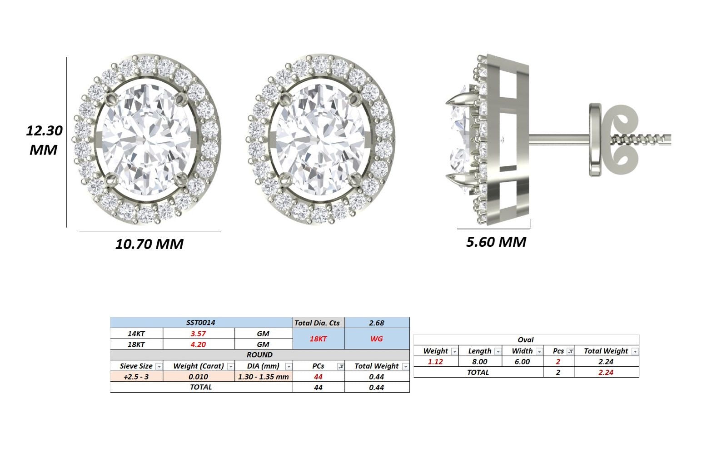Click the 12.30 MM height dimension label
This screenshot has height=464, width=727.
tap(44, 140)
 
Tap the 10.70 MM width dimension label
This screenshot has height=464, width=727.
tap(149, 244)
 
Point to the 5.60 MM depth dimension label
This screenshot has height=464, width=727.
tap(496, 242)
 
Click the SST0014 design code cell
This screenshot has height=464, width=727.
tap(200, 322)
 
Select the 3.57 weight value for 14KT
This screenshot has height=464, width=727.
tap(198, 334)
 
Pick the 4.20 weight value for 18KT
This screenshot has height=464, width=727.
tap(198, 344)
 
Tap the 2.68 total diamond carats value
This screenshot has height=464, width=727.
tap(377, 323)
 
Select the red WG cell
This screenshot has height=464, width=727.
tap(377, 339)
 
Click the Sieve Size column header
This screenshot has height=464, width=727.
tap(136, 366)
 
